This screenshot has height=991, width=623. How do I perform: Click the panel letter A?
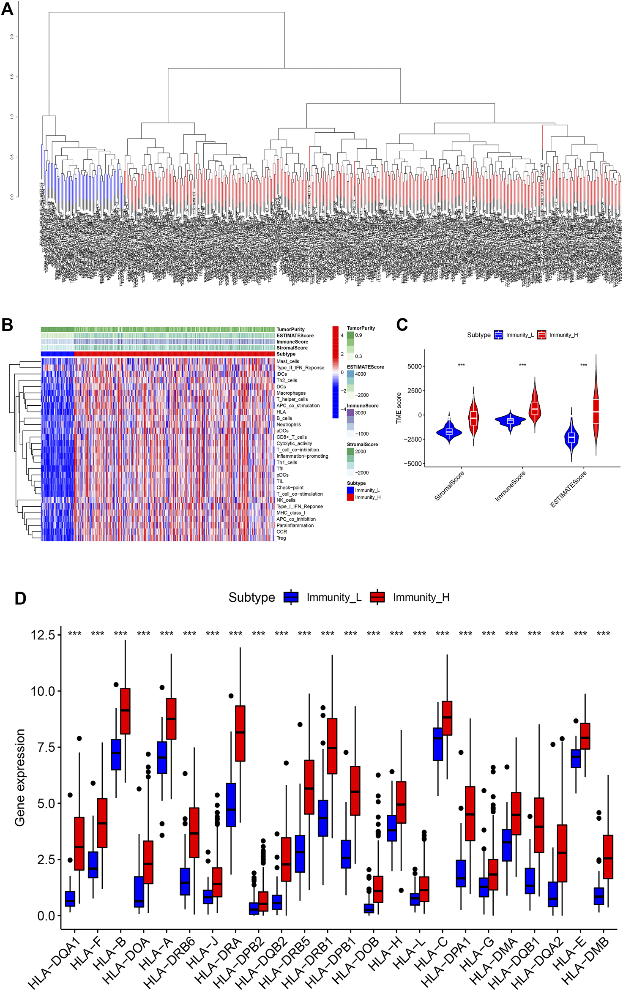tap(8, 9)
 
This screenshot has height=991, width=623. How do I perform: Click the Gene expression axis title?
tap(20, 778)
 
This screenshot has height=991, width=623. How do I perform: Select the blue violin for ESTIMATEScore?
tap(571, 438)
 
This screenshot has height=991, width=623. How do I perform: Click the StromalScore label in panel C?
tap(449, 486)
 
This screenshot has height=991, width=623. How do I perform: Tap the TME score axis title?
tap(398, 408)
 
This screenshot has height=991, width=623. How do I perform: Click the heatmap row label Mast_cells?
tap(287, 361)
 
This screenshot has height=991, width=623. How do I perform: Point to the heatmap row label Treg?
tap(281, 538)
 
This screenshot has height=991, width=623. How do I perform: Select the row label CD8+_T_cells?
tap(291, 437)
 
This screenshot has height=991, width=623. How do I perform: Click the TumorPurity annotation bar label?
tap(290, 329)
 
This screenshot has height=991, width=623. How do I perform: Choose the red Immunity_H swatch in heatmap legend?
tap(350, 497)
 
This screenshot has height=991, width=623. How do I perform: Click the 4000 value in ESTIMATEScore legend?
tap(361, 374)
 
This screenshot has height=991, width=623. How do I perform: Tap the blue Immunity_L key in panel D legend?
tap(291, 597)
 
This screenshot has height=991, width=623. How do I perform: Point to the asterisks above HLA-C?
tap(442, 633)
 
